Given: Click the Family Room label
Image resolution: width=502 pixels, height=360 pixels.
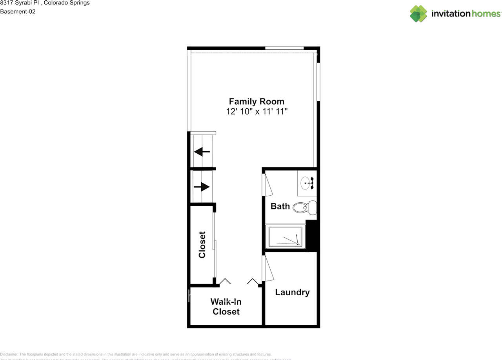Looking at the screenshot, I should (256, 102).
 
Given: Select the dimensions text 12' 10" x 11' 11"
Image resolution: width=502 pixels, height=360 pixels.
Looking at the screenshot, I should (256, 112).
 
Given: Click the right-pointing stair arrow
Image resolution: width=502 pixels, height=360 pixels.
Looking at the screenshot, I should (202, 187).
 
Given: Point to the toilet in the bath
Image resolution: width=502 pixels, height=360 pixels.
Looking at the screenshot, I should (304, 207).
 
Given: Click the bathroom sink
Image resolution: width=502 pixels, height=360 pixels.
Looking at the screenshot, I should (307, 182).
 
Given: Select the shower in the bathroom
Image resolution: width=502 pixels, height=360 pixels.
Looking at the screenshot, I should (286, 236).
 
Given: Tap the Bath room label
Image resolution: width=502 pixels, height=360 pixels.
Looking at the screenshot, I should (280, 206).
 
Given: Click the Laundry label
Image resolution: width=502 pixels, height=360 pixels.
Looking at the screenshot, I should (292, 292).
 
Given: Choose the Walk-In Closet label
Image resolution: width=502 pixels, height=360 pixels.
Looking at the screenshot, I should (226, 307).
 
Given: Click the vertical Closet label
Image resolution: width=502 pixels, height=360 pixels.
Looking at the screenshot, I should (202, 245).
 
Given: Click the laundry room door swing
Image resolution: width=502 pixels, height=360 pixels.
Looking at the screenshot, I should (268, 268).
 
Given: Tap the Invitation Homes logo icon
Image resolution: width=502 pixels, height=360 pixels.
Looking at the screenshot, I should (418, 14).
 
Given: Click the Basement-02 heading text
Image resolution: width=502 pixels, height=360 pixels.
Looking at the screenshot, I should (18, 11).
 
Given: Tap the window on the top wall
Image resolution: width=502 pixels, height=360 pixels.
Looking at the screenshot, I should (285, 48).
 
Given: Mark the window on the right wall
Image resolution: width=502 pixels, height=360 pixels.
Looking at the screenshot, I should (318, 82).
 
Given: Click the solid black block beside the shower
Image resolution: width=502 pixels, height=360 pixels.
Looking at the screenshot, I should (311, 235).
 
